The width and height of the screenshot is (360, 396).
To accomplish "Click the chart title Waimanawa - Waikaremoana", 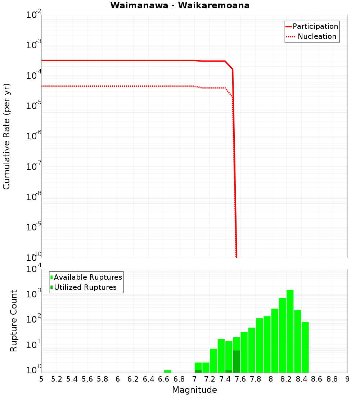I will point(180,5).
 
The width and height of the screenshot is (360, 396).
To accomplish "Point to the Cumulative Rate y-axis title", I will point(6,136).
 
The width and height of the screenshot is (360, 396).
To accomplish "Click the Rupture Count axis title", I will point(14,320).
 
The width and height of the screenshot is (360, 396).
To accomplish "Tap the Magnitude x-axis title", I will point(194,390).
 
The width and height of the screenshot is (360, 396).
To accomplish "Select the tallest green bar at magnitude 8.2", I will point(290,331).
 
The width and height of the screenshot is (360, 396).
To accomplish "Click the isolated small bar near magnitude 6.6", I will point(167,371).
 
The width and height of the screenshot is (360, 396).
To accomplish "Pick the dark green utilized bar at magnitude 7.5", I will point(236,361).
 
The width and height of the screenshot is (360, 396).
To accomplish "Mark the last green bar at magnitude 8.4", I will point(305,347).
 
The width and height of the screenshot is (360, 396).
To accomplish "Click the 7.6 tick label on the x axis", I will point(240,379).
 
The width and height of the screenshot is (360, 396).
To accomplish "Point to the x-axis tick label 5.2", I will point(57,379).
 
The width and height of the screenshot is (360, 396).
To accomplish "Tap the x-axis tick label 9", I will point(347,379).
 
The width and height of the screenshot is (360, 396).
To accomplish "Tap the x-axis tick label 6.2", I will point(133,379).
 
